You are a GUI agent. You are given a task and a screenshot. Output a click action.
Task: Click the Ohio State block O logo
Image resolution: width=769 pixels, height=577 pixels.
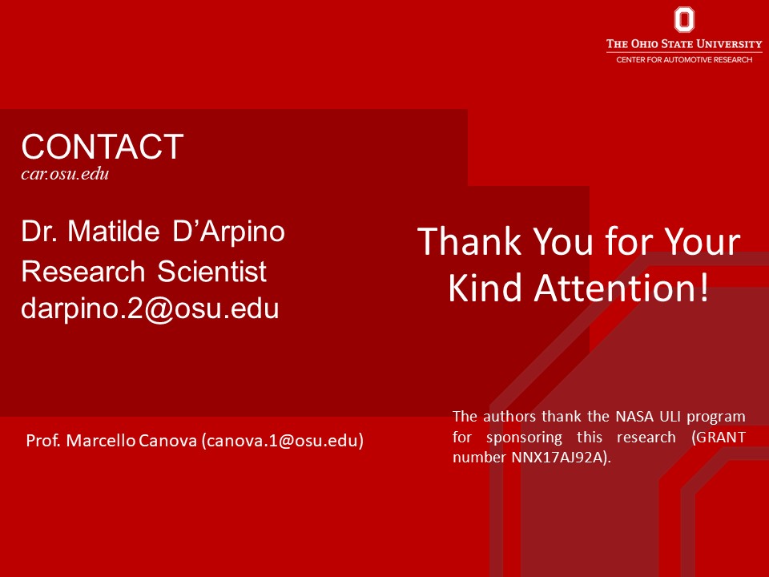click(684, 19)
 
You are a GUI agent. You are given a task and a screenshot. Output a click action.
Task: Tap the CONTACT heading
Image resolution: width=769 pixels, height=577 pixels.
click(103, 146)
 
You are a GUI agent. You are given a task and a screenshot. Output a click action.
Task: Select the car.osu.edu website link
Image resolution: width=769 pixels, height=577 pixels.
click(65, 174)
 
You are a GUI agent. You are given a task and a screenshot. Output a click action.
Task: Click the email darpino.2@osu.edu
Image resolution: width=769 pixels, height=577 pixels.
click(150, 309)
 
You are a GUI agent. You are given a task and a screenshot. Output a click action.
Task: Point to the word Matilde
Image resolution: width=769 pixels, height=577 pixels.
click(114, 231)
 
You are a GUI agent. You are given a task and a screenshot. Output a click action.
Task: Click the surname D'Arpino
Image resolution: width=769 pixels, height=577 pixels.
click(228, 232)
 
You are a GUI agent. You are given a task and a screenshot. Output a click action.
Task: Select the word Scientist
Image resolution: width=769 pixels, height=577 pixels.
click(211, 271)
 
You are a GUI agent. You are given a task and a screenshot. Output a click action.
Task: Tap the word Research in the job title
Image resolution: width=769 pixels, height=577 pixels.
click(83, 272)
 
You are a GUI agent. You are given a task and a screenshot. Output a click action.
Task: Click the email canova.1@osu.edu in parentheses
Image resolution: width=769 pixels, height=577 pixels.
click(283, 441)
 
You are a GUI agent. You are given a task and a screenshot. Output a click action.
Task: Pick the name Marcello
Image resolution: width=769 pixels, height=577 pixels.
click(101, 440)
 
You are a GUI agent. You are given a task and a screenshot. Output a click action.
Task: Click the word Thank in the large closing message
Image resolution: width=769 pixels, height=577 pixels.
click(469, 241)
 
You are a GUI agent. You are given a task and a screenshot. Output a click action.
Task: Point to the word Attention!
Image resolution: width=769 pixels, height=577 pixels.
click(622, 288)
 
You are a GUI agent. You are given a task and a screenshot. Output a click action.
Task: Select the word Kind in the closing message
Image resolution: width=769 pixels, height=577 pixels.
click(485, 288)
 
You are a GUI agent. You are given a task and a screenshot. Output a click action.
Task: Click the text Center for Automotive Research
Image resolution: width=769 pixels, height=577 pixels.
click(684, 59)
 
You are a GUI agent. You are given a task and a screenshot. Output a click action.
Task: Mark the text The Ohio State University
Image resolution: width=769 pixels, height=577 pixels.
click(684, 43)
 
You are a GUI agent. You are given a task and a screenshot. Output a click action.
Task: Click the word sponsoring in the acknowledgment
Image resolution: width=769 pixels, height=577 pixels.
click(524, 438)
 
